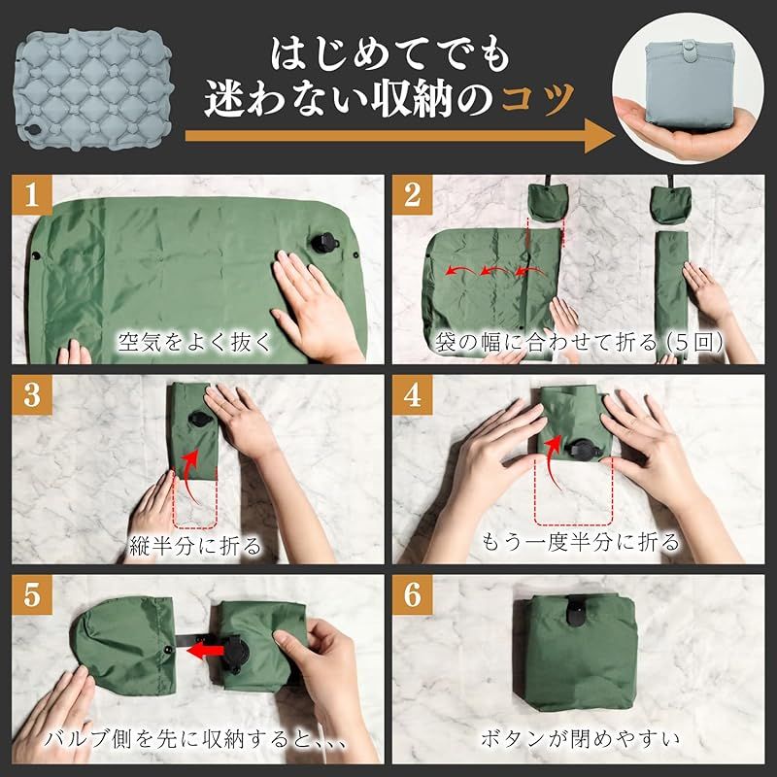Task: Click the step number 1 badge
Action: (32, 194)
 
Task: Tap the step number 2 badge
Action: (413, 194)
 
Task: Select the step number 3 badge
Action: (32, 395)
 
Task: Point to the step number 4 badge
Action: (413, 395)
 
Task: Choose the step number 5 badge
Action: (32, 594)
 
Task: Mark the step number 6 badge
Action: (413, 594)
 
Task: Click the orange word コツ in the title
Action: (538, 99)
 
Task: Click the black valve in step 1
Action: (323, 243)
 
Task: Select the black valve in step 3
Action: (200, 420)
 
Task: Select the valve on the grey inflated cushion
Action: (33, 131)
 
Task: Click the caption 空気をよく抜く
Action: (194, 342)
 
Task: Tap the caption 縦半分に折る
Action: (194, 546)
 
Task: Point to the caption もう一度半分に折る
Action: (580, 542)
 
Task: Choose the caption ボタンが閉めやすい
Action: (580, 739)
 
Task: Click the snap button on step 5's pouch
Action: (168, 650)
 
